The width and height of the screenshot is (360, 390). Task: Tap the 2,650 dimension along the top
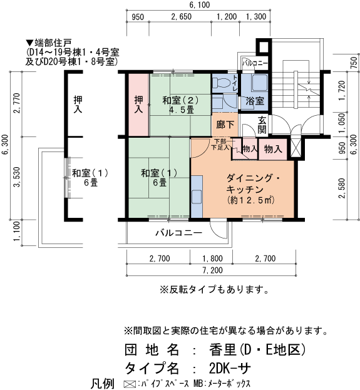[x=180, y=17]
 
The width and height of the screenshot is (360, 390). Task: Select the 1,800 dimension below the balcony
[x=213, y=257]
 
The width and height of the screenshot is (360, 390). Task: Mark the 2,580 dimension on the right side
[x=342, y=187]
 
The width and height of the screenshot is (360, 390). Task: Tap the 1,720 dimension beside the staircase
[x=342, y=91]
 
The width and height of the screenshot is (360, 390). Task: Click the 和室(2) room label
[x=180, y=101]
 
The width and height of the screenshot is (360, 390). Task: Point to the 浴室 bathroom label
[x=254, y=101]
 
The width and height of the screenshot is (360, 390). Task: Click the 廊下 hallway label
[x=225, y=124]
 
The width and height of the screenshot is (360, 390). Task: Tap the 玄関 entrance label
[x=262, y=124]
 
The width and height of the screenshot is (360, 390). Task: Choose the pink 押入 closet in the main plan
[x=138, y=104]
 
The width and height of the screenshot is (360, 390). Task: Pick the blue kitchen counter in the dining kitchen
[x=197, y=195]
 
